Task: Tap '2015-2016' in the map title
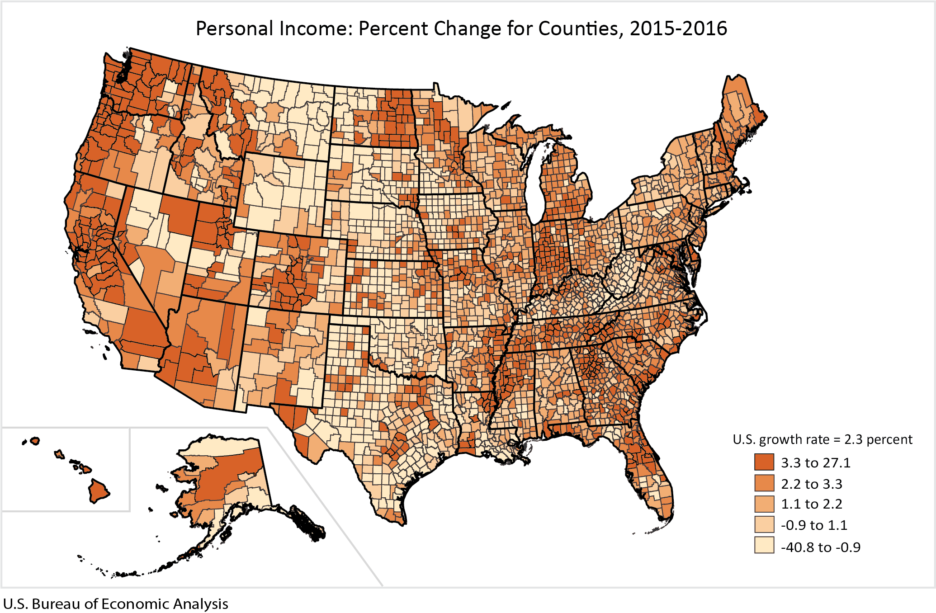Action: click(x=678, y=28)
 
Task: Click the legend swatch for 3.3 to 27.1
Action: click(x=764, y=462)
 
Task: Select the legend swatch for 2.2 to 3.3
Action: click(x=764, y=483)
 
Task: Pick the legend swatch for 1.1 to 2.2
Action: click(x=764, y=504)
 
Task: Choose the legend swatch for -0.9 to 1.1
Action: click(x=764, y=524)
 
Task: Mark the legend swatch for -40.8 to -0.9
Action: click(x=764, y=546)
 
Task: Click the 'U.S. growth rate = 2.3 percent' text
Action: click(x=822, y=439)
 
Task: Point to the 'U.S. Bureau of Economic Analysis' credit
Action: click(x=115, y=604)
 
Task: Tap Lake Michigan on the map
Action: click(x=535, y=181)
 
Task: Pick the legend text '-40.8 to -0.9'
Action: click(x=821, y=547)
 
